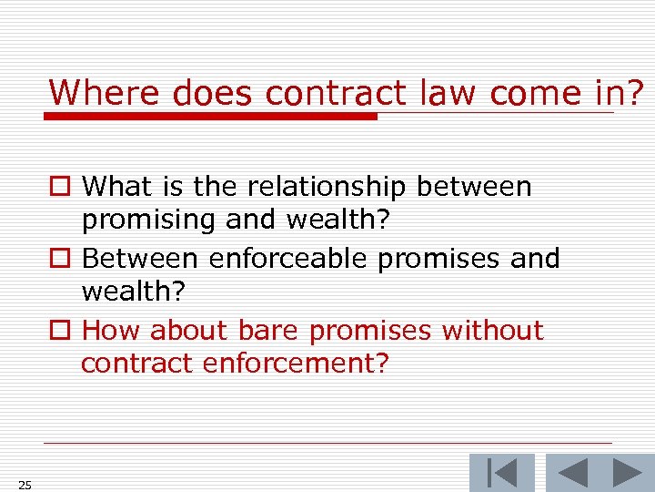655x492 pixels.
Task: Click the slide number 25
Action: (25, 485)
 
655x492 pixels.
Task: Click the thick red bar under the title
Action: (211, 117)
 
